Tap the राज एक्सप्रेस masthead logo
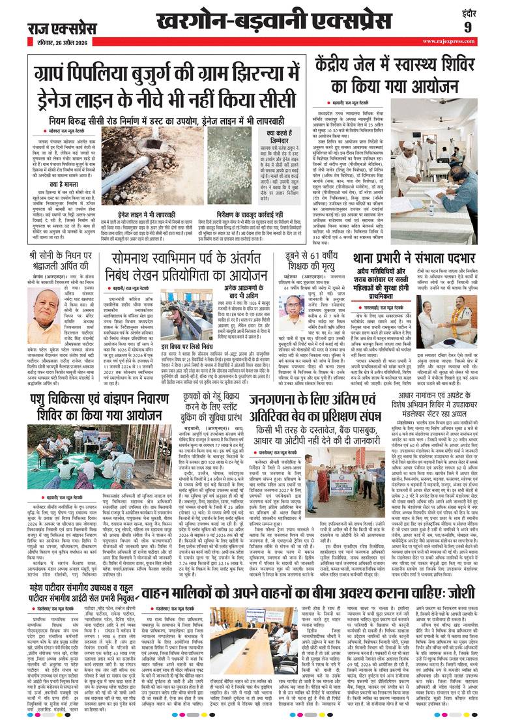point(61,29)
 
